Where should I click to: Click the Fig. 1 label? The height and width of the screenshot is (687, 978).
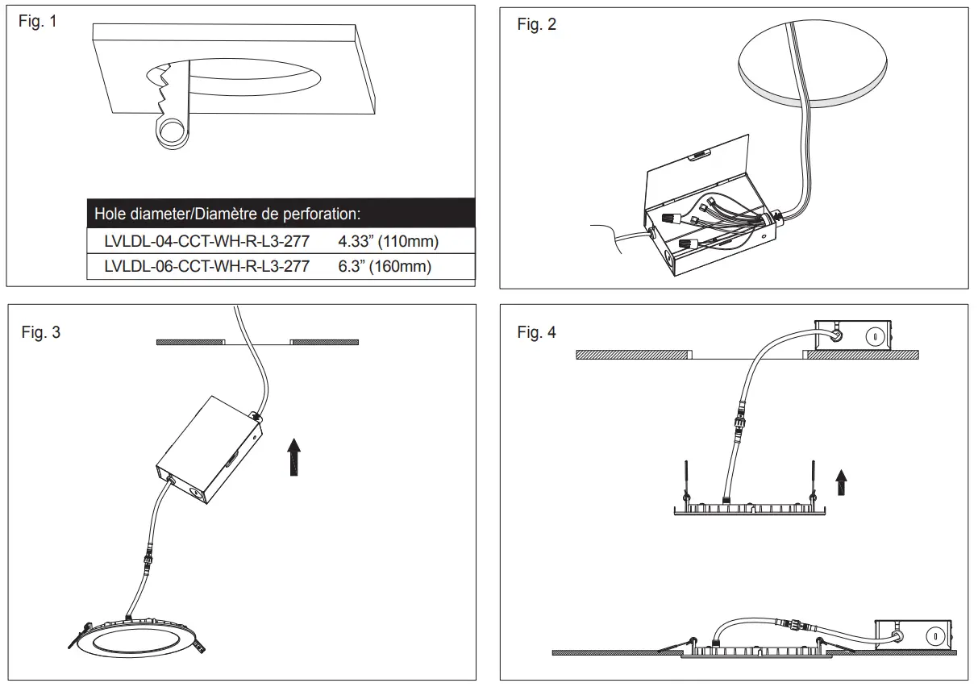[x=38, y=22]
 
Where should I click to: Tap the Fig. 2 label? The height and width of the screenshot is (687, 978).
[x=536, y=24]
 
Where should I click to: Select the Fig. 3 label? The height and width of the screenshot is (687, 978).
[x=40, y=332]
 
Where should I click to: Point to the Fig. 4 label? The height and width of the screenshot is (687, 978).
[x=536, y=332]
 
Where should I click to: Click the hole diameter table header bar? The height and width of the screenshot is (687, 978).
[x=281, y=214]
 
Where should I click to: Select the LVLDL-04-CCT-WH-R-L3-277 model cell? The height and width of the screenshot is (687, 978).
[x=206, y=241]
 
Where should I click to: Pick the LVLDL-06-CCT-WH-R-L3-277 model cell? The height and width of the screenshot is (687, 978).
[x=206, y=266]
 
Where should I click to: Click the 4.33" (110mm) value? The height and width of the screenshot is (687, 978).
[x=388, y=241]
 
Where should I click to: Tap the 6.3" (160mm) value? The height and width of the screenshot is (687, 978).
[x=384, y=266]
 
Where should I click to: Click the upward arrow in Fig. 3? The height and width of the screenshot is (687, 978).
[x=295, y=456]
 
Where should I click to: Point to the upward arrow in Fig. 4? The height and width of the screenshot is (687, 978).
[x=842, y=483]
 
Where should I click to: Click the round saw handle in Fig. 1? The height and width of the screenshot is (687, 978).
[x=171, y=131]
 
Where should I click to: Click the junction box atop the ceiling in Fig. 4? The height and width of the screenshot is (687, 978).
[x=854, y=335]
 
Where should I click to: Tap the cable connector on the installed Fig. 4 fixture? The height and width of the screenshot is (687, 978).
[x=790, y=624]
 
